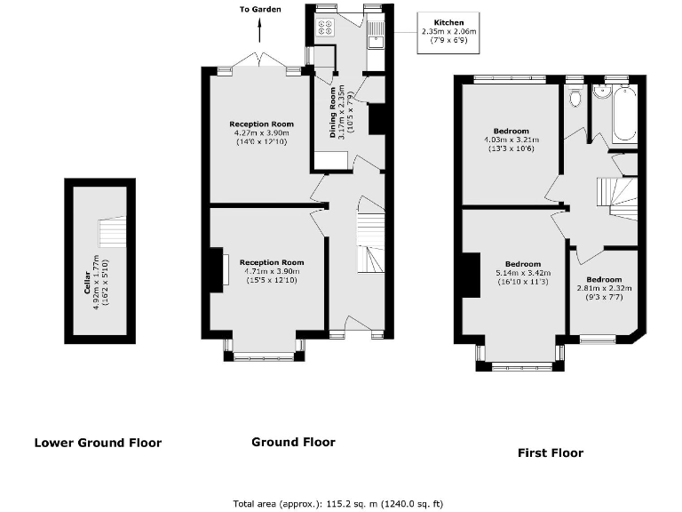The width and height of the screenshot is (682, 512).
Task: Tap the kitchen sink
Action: (x=376, y=32)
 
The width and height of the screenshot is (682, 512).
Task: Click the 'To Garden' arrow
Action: (x=259, y=33)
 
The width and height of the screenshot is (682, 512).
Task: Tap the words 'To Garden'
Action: (x=259, y=10)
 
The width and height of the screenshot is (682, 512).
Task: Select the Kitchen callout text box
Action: (x=448, y=32)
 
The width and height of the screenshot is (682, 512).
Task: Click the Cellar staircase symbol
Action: (x=112, y=234)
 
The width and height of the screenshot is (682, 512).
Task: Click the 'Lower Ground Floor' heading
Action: (x=98, y=443)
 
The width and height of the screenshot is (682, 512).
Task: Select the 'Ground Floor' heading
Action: (x=293, y=442)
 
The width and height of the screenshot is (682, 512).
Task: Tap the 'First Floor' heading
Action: (x=551, y=452)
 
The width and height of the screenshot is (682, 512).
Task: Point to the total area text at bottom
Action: (x=337, y=503)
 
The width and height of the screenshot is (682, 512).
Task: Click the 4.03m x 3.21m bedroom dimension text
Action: (x=511, y=140)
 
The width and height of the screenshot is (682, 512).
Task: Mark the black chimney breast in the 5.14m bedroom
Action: (x=469, y=275)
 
